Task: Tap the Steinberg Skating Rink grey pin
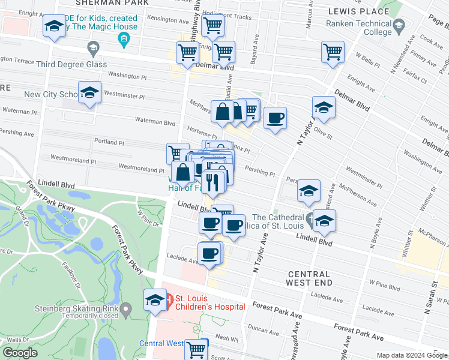point(125,310)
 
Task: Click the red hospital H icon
point(169,298)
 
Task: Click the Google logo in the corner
point(20,352)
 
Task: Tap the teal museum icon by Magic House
point(124,40)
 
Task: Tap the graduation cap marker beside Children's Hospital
point(155,300)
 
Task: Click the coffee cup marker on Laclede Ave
point(209,254)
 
